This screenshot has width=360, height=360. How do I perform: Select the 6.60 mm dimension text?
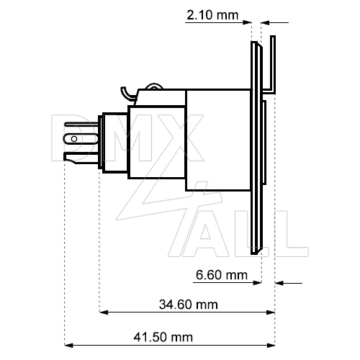pyautogui.click(x=221, y=275)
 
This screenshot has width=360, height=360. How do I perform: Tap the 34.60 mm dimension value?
pyautogui.click(x=188, y=305)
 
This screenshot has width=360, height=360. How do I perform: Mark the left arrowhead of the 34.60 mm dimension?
pyautogui.click(x=103, y=312)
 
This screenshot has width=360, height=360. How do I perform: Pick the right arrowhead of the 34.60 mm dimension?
pyautogui.click(x=271, y=312)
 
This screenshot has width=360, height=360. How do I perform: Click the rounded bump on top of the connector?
pyautogui.click(x=153, y=87)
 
